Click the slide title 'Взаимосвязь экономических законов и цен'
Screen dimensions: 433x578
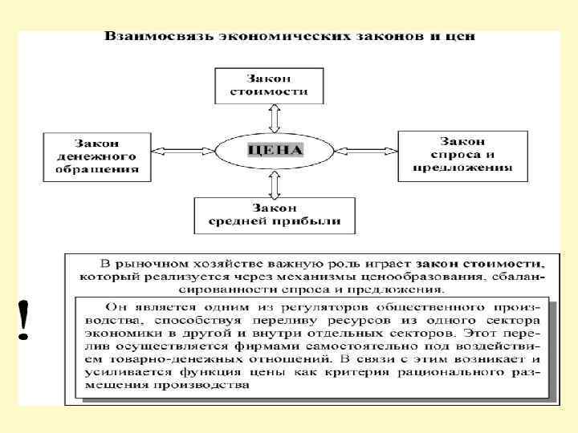tap(289, 37)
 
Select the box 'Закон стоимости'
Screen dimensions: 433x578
tap(269, 86)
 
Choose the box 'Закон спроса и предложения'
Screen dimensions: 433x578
tap(463, 154)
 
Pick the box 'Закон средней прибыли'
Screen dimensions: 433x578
tap(274, 215)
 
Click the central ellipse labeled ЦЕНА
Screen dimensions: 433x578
tap(275, 149)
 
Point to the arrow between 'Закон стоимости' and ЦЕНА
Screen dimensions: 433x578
tap(275, 117)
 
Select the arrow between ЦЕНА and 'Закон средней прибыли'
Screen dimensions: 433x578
tap(275, 184)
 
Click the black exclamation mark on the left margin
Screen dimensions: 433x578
tap(25, 319)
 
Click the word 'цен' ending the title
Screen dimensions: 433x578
tap(463, 37)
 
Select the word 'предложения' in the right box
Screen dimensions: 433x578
tap(463, 168)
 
